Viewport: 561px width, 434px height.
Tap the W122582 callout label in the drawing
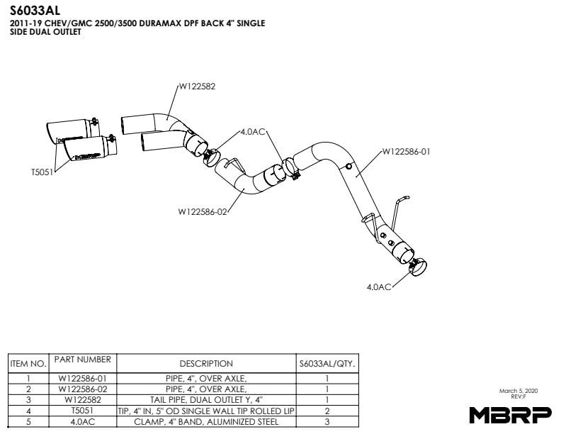click(x=196, y=87)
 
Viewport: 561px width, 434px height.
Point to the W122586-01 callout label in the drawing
click(x=406, y=151)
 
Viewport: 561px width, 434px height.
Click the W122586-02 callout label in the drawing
click(x=202, y=211)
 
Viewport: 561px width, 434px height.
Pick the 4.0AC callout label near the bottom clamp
click(x=379, y=286)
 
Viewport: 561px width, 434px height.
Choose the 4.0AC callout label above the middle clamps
click(x=253, y=132)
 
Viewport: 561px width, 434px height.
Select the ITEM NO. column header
click(x=28, y=364)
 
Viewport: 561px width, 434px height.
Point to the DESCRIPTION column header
click(x=206, y=364)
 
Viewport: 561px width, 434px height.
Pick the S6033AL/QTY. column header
click(x=327, y=364)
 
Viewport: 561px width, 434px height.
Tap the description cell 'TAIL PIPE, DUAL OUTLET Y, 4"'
click(x=206, y=400)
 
